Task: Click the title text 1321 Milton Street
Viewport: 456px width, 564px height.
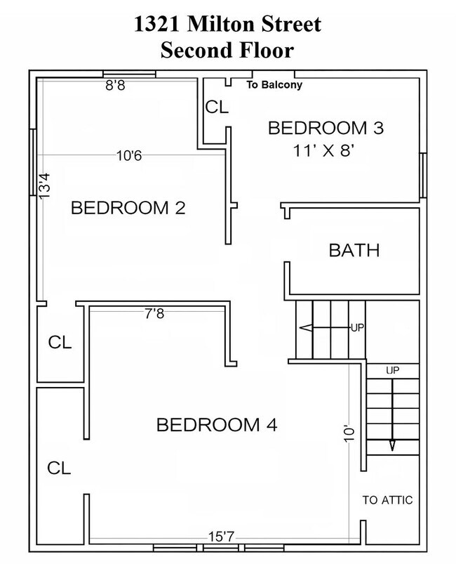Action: click(227, 25)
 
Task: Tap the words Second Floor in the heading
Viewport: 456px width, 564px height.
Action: click(227, 50)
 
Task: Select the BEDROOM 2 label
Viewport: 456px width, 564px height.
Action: click(128, 208)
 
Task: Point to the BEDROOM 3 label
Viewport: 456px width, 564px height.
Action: click(326, 128)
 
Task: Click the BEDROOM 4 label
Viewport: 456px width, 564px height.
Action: click(217, 425)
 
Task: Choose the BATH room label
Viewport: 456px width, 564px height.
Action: click(354, 250)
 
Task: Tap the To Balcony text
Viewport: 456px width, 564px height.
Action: click(274, 85)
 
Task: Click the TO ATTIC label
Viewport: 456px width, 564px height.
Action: click(387, 500)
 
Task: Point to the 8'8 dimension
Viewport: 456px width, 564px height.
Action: click(115, 86)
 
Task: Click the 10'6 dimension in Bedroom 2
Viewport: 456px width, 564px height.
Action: click(129, 156)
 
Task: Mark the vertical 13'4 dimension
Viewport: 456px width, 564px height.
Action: click(45, 185)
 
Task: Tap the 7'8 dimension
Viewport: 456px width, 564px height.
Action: click(154, 314)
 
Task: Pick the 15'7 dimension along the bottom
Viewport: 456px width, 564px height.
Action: click(221, 537)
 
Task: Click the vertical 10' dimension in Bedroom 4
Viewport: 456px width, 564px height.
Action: click(349, 434)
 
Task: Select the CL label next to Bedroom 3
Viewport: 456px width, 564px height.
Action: click(217, 107)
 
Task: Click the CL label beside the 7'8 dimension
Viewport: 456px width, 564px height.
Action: click(60, 342)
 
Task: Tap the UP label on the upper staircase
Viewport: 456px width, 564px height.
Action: click(357, 328)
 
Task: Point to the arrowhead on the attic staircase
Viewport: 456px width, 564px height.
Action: click(392, 446)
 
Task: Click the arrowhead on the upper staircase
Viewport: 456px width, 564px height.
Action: click(305, 328)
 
